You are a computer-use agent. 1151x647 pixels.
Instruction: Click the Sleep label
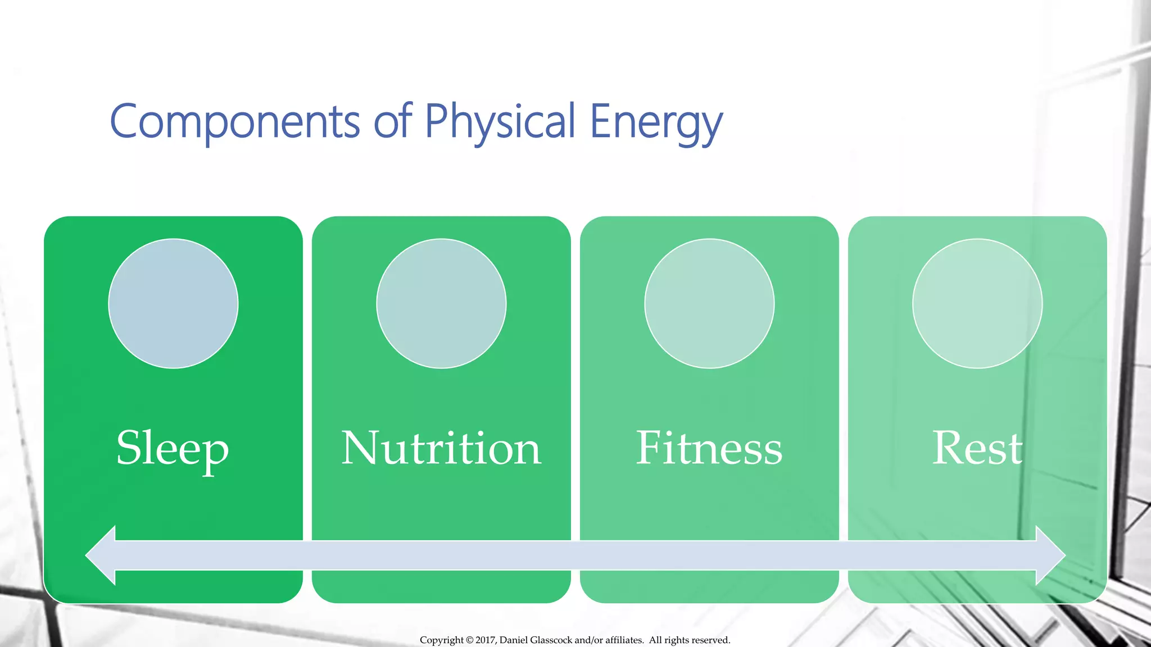(173, 449)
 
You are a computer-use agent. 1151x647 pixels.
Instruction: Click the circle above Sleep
(173, 304)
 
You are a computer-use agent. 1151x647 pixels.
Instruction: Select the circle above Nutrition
(441, 304)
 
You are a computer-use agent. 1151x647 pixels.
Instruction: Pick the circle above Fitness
(709, 304)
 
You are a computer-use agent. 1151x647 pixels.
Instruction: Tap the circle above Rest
(977, 304)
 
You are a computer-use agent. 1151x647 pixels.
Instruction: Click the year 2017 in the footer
(486, 640)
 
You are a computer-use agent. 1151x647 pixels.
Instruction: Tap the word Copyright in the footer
(442, 640)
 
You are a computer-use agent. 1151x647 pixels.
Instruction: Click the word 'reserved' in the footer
(712, 640)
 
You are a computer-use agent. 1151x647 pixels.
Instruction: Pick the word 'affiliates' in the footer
(624, 640)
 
